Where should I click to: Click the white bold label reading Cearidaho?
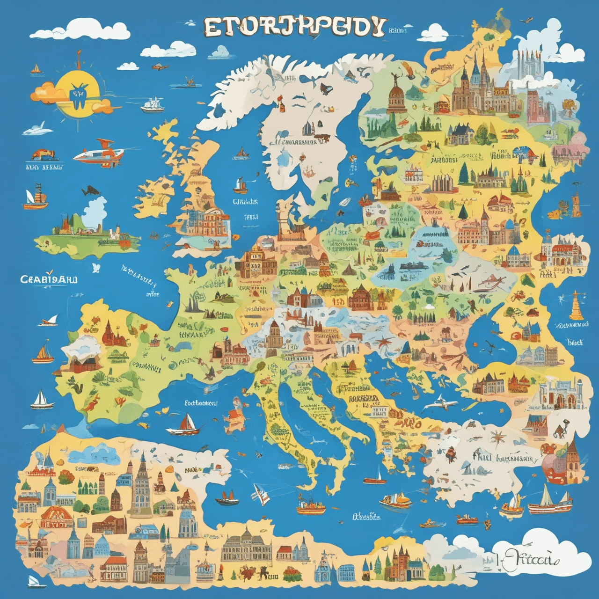coord(49,279)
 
